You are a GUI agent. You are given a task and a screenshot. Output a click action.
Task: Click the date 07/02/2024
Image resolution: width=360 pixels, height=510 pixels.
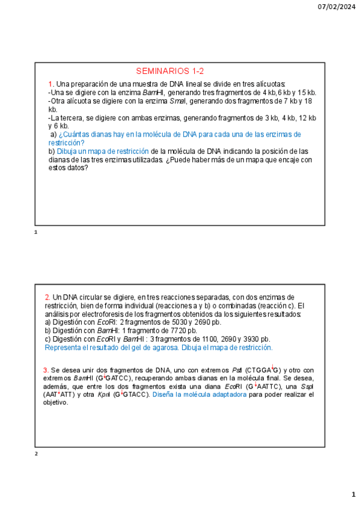(x=337, y=7)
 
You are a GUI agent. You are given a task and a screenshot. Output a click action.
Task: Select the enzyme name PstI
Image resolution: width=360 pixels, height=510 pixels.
(x=237, y=370)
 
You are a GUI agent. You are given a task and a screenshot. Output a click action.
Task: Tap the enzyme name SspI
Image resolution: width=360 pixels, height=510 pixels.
(x=307, y=386)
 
